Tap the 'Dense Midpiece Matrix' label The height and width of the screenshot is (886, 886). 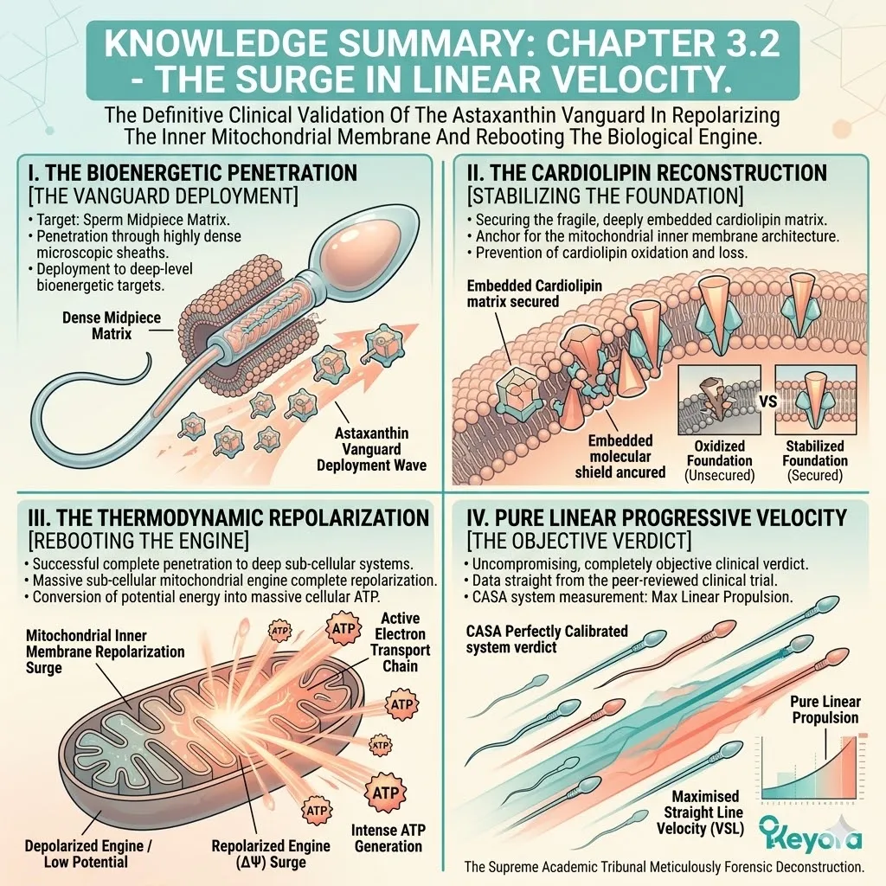pos(112,325)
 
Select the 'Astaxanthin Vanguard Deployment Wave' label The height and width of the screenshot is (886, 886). pos(371,449)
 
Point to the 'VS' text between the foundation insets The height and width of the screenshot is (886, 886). pos(768,401)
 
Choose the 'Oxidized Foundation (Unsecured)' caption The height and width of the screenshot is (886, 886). pos(719,460)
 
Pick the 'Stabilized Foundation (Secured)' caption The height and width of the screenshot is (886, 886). pos(815,460)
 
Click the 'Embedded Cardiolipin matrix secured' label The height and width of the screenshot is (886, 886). pos(534,293)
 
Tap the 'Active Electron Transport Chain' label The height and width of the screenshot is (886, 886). pos(400,642)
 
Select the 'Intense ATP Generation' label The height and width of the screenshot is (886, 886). pos(388,838)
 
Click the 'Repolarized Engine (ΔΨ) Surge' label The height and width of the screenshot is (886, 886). pos(271,854)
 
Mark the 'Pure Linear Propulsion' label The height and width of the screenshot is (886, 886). pos(825,709)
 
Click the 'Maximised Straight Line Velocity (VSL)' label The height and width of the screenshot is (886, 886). pos(701,812)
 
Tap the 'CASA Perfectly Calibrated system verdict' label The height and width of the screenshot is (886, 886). pos(547,639)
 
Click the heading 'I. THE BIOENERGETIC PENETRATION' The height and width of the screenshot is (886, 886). pos(192,172)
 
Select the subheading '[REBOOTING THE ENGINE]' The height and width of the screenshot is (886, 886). pos(138,541)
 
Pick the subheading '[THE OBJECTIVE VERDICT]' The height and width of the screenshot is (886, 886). pos(579,541)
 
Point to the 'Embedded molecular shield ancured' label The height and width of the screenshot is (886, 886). pos(620,457)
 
